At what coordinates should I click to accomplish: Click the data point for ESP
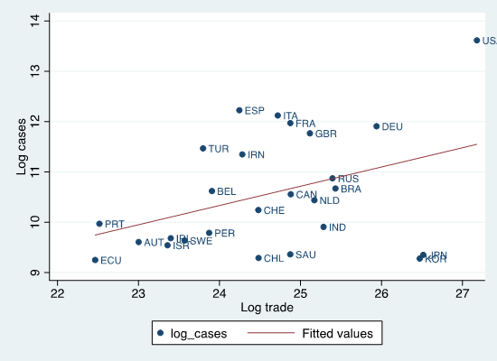pos(239,110)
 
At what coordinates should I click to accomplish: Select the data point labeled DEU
pos(377,126)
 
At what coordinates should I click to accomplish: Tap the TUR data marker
pos(203,148)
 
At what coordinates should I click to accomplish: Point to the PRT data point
pos(99,224)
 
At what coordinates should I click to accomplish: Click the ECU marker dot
pos(95,260)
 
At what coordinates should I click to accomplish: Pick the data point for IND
pos(324,227)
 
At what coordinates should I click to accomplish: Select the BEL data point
pos(211,191)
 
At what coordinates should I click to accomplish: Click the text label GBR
pos(326,134)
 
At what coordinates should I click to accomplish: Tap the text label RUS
pos(348,180)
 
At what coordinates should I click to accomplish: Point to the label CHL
pos(273,259)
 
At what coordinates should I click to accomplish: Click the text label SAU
pos(305,255)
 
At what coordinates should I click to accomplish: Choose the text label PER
pos(225,234)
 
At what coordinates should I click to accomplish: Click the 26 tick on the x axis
pos(381,293)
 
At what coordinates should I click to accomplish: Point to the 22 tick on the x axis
pos(57,293)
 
